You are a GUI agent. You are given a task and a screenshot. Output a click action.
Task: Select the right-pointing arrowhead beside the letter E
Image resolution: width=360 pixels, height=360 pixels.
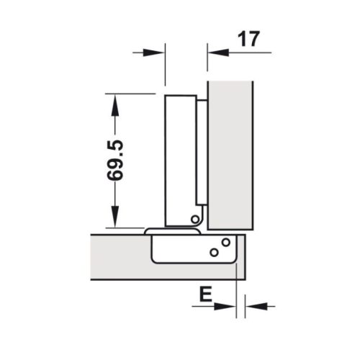[x=229, y=306]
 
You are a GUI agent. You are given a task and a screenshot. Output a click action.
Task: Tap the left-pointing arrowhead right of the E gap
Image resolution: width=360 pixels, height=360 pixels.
[x=253, y=306]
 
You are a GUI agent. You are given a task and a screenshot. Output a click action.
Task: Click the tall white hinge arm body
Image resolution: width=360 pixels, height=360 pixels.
[x=180, y=158]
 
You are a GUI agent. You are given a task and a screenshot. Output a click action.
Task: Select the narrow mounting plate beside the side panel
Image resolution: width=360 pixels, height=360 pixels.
[x=202, y=151]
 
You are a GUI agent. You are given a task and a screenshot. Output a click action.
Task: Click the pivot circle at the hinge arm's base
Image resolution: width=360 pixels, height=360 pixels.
[x=195, y=218]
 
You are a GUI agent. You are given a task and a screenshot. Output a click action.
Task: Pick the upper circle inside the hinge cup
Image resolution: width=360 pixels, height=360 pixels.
[x=225, y=243]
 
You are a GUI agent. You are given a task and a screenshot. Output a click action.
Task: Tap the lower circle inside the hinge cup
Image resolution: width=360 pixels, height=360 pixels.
[x=213, y=253]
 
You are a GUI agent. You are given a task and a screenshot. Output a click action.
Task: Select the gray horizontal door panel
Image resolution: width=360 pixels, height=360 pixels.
[x=119, y=256]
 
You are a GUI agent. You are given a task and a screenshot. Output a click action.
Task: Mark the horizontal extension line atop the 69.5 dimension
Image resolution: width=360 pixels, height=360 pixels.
[x=130, y=94]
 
